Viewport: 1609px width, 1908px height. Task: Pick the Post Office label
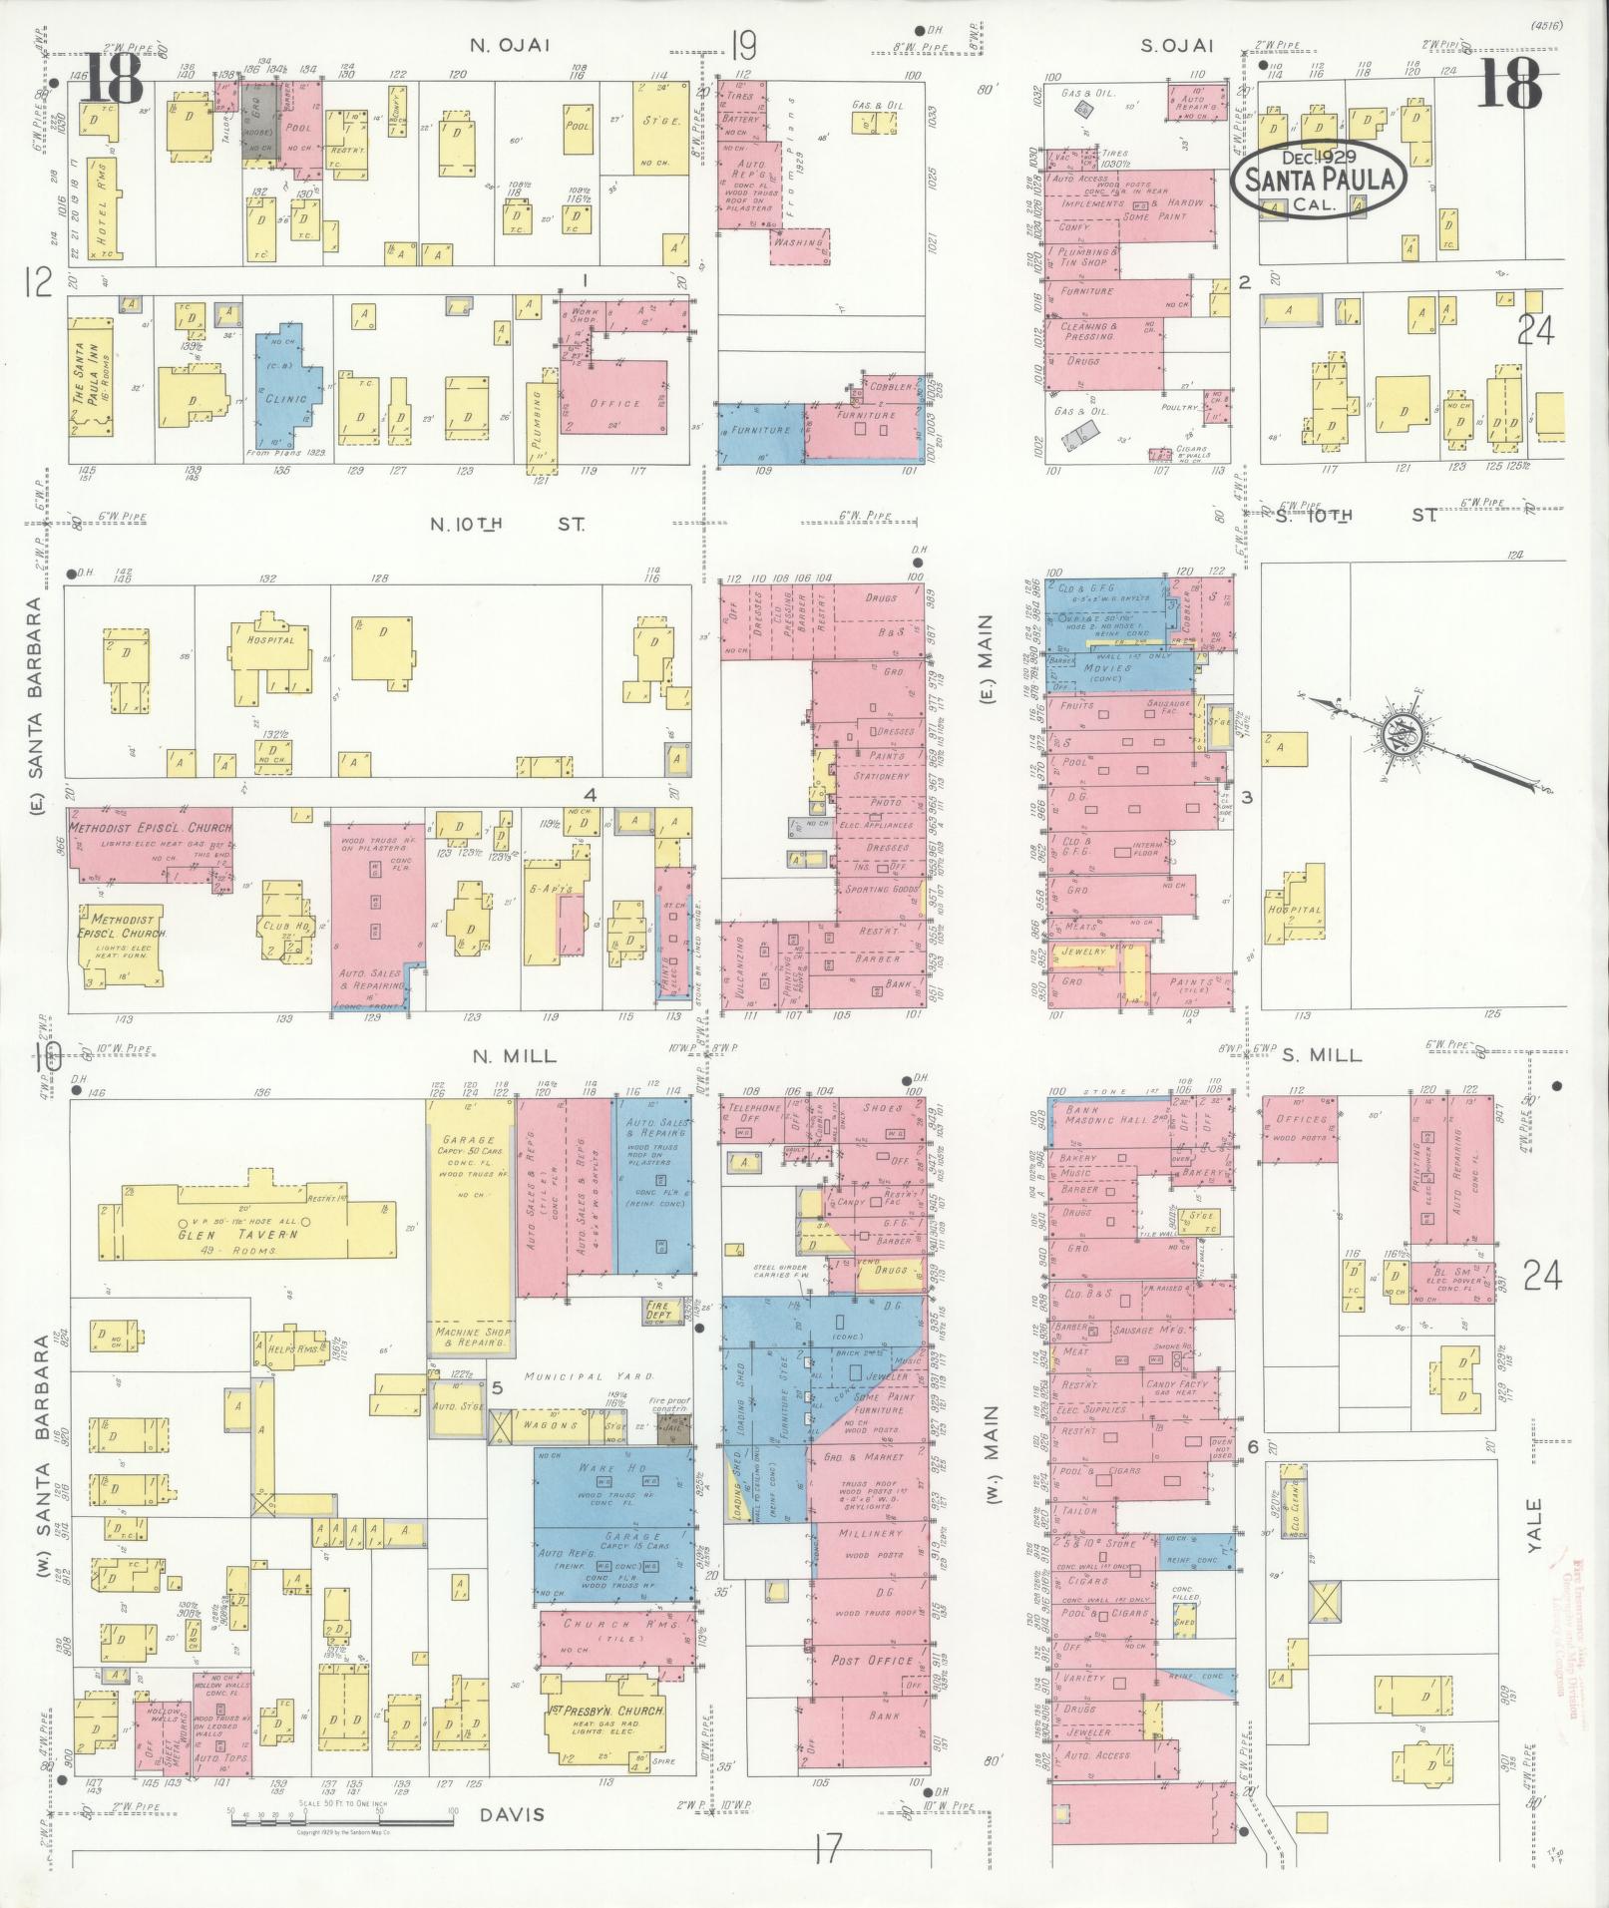[x=872, y=1660]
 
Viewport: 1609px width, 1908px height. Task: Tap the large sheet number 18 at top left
[x=112, y=78]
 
